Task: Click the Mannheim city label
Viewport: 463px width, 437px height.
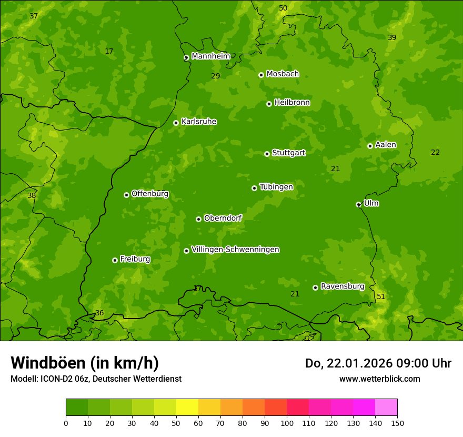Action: (210, 56)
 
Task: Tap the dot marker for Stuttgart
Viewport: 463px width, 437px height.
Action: (267, 154)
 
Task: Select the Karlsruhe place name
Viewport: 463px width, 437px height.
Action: (198, 122)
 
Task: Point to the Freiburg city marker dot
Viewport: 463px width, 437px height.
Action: (115, 260)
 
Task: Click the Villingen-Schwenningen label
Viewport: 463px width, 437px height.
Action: (235, 250)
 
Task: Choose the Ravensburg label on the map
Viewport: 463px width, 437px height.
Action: (342, 286)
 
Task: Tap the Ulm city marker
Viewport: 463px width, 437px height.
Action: (358, 204)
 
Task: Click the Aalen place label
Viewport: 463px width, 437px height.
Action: (385, 145)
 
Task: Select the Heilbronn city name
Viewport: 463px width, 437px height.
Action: (292, 103)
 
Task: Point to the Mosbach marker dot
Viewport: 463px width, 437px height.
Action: (261, 75)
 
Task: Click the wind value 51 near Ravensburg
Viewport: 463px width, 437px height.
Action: (381, 297)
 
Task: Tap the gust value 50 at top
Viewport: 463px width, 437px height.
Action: (283, 8)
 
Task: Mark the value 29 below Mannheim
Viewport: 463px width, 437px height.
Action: (216, 76)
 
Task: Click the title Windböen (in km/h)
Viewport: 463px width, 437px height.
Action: (85, 363)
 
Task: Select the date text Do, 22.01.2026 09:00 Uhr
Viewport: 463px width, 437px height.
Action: (378, 363)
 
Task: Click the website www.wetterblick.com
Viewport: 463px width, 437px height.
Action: (379, 379)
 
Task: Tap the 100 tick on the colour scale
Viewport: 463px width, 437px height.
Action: (287, 423)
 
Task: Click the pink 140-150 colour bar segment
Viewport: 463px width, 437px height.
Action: (386, 408)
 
